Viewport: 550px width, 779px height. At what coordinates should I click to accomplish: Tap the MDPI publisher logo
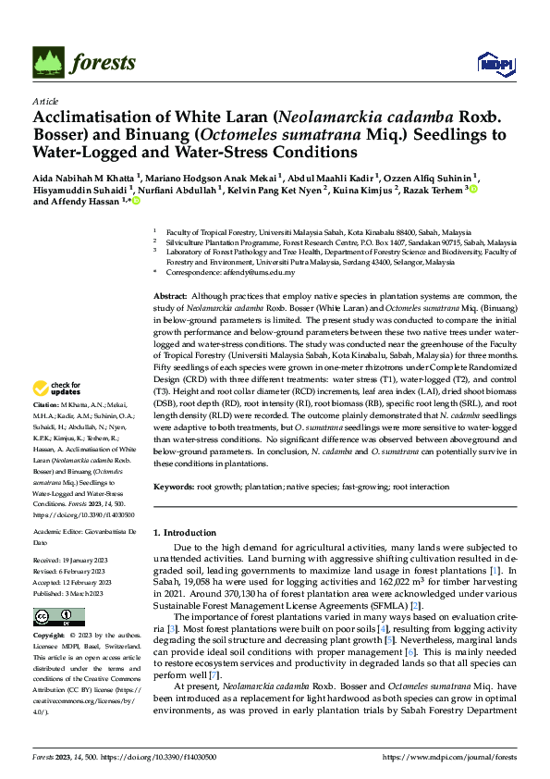(x=493, y=62)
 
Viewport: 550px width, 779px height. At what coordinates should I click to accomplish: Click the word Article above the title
(x=44, y=101)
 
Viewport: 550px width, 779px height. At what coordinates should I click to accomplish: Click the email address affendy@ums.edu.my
(x=256, y=273)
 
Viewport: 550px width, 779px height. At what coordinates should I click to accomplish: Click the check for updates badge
(x=57, y=414)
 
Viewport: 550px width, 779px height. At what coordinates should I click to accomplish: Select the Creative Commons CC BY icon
(x=59, y=617)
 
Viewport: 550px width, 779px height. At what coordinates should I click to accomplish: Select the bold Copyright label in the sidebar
(x=49, y=637)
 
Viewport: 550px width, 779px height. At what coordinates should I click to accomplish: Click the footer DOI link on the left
(x=172, y=757)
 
